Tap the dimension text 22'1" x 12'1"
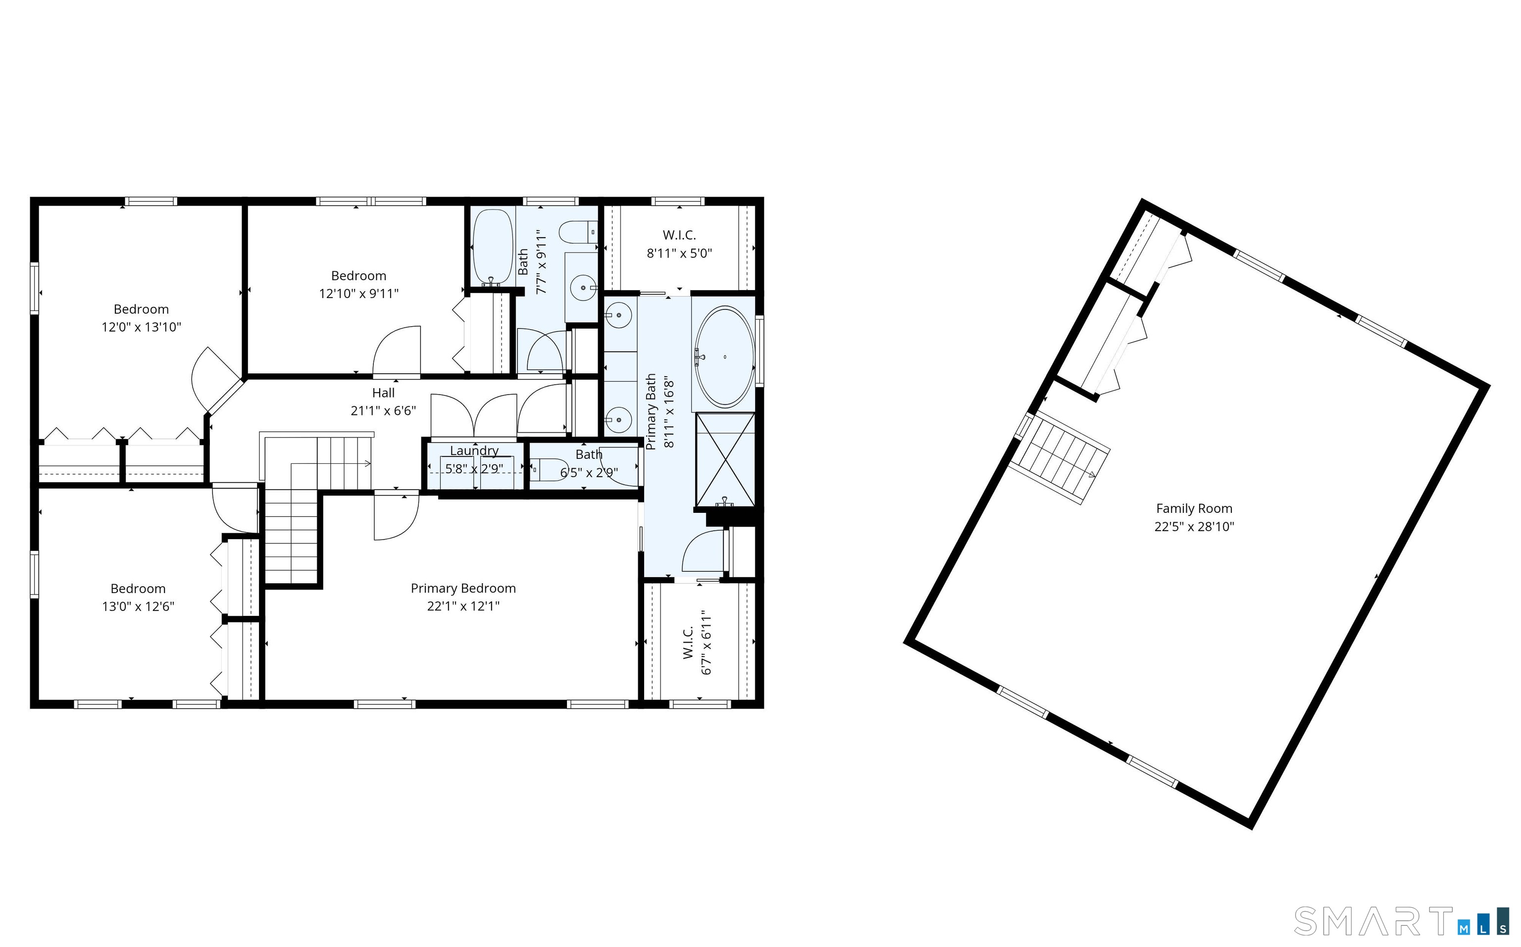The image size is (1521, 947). pos(463,606)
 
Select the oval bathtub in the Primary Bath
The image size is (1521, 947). pos(725,357)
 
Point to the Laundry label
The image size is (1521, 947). pos(474,451)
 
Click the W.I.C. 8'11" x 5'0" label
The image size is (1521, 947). pos(679,244)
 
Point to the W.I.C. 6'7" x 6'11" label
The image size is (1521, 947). pos(697,642)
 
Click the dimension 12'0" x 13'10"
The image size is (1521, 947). pos(141,327)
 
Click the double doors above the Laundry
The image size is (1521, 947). pos(474,415)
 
